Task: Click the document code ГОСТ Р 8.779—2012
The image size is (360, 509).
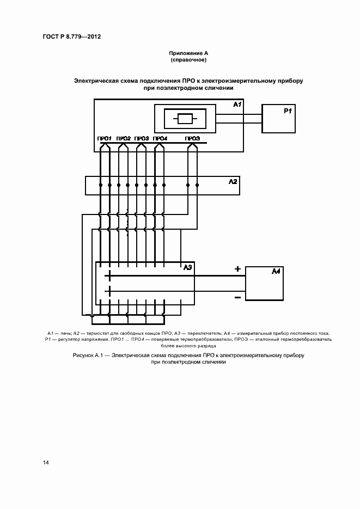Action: [x=72, y=37]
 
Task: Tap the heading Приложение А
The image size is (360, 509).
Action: [x=188, y=53]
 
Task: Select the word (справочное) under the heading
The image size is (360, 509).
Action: [x=188, y=59]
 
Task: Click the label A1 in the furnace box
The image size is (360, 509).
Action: [x=237, y=104]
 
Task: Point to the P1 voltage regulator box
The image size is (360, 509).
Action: [x=278, y=119]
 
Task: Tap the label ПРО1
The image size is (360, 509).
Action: [x=105, y=139]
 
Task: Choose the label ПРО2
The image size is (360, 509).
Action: [x=124, y=139]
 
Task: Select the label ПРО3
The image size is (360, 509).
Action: [x=142, y=139]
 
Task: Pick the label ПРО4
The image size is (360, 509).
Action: [x=160, y=139]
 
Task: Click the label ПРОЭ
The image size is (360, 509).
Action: [x=192, y=139]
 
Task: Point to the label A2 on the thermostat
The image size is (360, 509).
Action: [x=233, y=181]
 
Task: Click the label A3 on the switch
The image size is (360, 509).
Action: [x=188, y=267]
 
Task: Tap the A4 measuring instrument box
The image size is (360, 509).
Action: [x=264, y=283]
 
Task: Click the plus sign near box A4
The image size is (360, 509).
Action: [x=237, y=269]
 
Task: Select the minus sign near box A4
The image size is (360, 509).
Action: [x=237, y=297]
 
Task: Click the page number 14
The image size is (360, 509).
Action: [x=46, y=462]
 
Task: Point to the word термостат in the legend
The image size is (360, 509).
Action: [x=95, y=333]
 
